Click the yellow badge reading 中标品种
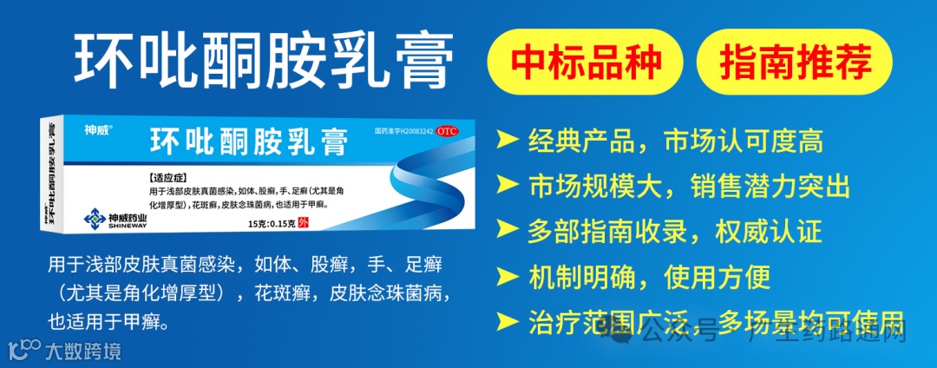(586, 62)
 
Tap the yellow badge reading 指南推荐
(795, 62)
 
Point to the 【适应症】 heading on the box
(173, 176)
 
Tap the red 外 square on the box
(303, 223)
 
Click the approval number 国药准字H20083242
(403, 131)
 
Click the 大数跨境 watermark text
(83, 352)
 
